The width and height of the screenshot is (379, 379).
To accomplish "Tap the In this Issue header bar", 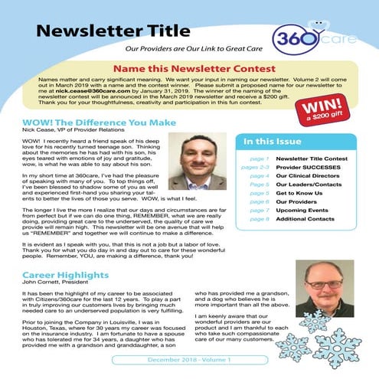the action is click(x=302, y=142).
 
